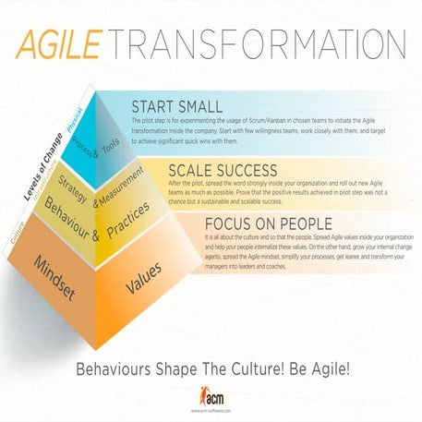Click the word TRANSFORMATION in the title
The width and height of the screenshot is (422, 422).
259,46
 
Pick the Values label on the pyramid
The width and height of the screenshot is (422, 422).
144,278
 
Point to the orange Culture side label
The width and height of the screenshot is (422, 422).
16,219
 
